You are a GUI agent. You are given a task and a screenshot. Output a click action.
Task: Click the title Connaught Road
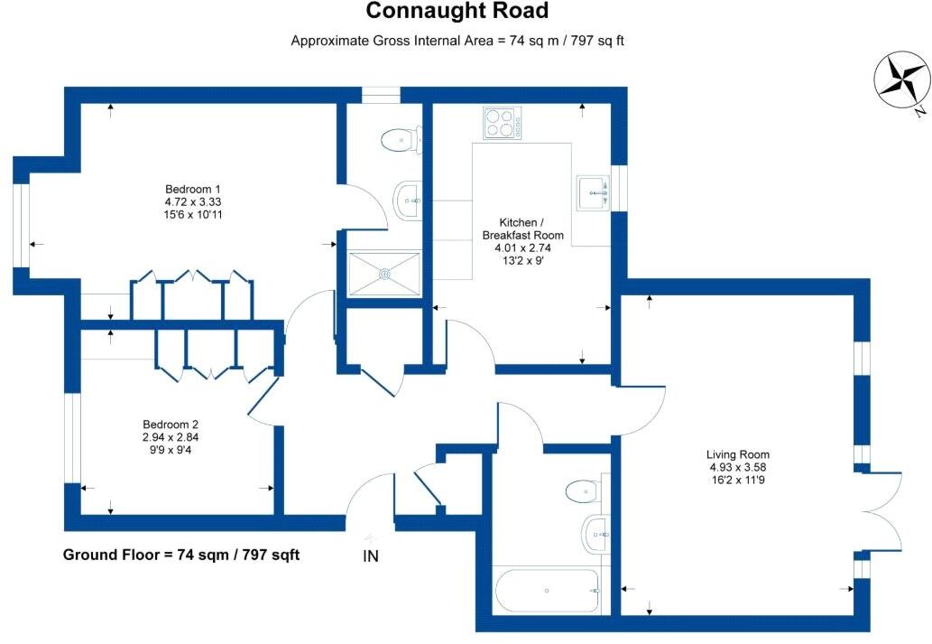[457, 12]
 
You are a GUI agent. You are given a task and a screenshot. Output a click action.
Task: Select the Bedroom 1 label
[188, 189]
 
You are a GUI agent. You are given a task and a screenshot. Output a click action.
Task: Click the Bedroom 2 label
[171, 425]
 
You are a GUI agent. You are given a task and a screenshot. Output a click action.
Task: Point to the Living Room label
[739, 454]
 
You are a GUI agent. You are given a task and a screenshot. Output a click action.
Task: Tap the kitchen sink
[595, 191]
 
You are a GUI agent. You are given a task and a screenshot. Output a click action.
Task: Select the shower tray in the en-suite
[385, 273]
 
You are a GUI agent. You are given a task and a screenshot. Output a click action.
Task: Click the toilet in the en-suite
[401, 140]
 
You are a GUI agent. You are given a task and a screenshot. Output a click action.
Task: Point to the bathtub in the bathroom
[548, 592]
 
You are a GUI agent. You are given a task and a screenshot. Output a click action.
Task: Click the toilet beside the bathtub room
[584, 492]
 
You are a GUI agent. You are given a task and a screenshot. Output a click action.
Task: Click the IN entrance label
[370, 556]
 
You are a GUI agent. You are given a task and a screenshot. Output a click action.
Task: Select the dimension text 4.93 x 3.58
[739, 467]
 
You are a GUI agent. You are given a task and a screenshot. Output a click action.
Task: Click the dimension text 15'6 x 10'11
[188, 216]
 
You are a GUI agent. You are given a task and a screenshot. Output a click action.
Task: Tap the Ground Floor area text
[180, 555]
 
